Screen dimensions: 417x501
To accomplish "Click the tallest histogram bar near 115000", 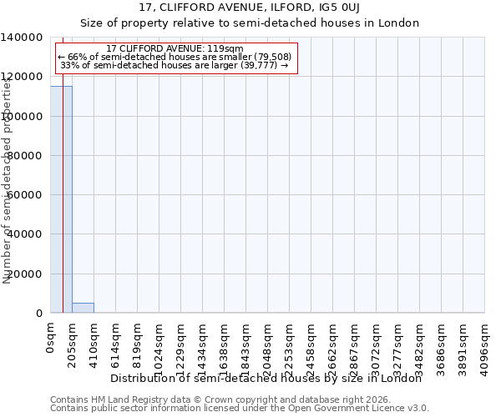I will click(61, 200).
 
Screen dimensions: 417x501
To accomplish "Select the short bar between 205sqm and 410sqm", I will click(83, 308).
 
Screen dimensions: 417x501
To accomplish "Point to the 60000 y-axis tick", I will click(26, 195).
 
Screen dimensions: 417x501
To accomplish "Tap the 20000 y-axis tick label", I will click(26, 274).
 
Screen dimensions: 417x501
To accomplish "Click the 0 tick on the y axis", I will click(40, 313).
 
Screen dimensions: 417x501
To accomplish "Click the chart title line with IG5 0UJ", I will click(250, 8).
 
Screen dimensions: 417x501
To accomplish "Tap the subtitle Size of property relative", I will click(250, 23).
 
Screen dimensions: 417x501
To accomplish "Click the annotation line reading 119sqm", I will click(175, 48).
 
